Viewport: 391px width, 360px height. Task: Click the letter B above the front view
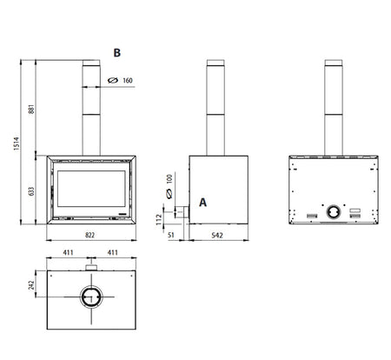point(116,53)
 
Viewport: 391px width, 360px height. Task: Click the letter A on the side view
point(202,203)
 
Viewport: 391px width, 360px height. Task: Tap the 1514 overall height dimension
point(17,143)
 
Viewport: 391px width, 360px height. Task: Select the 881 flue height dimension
point(31,109)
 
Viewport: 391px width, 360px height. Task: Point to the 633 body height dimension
point(31,191)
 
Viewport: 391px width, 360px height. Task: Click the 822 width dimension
point(89,235)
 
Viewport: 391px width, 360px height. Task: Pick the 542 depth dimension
point(217,235)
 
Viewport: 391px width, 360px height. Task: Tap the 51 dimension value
point(171,235)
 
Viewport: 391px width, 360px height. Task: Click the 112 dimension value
point(159,219)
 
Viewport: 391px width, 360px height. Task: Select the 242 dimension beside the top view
point(31,284)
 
